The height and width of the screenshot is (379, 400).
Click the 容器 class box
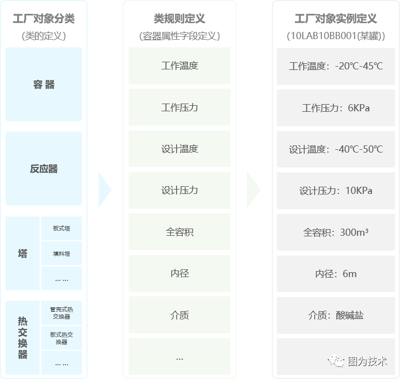[x=43, y=84]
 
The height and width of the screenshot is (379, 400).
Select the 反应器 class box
[x=43, y=169]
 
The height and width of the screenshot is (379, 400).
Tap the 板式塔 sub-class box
[x=62, y=228]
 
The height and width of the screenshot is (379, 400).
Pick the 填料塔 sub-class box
[x=62, y=253]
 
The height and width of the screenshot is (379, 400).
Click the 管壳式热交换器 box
[x=62, y=313]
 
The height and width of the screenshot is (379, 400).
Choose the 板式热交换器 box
[x=62, y=338]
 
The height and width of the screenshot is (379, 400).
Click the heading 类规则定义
[x=179, y=19]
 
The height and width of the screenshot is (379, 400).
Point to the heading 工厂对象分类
[x=43, y=19]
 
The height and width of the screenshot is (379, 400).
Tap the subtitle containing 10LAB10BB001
[x=336, y=36]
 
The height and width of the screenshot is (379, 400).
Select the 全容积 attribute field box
[x=179, y=231]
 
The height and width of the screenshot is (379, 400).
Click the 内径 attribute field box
[x=179, y=273]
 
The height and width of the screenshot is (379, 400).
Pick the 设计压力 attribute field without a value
[x=179, y=190]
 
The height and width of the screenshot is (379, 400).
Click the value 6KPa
[x=359, y=108]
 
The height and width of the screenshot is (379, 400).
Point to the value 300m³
[x=354, y=232]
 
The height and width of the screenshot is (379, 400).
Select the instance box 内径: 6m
[x=336, y=274]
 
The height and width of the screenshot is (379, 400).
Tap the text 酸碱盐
[x=349, y=315]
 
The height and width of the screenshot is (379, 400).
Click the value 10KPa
[x=359, y=191]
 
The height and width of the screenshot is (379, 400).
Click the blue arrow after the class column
[x=105, y=189]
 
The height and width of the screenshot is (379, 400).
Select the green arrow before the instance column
[x=254, y=189]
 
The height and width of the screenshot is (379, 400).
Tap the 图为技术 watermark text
[x=368, y=361]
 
